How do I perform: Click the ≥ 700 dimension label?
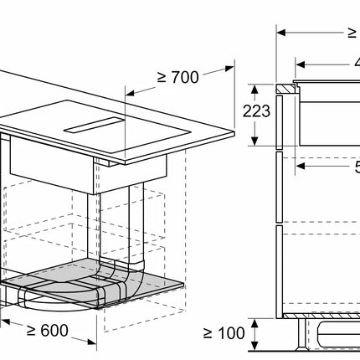[177, 77]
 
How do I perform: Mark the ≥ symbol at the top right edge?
[352, 33]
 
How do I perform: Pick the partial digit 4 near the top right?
[356, 62]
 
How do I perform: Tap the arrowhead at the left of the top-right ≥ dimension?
[280, 33]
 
